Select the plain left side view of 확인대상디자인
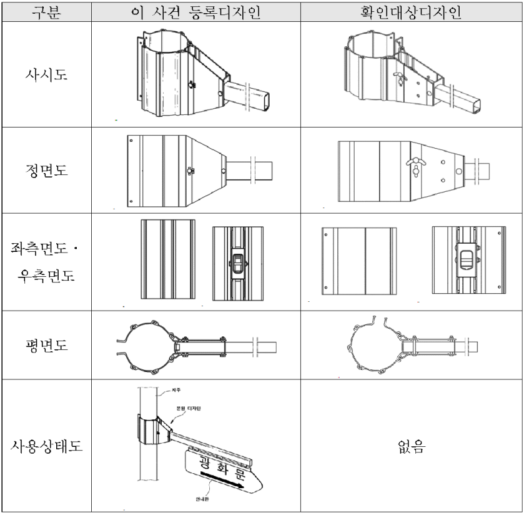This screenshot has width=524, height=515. tap(358, 259)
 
